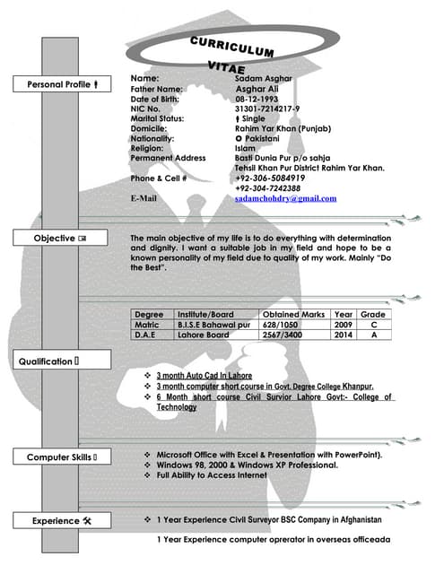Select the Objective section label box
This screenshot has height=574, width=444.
(60, 239)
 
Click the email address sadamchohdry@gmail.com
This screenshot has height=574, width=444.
(285, 198)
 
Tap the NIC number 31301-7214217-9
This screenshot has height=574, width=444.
(267, 109)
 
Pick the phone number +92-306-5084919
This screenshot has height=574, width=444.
(274, 178)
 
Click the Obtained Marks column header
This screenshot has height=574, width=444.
(293, 315)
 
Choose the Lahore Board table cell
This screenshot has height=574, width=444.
(204, 335)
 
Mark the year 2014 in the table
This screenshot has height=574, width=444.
(343, 335)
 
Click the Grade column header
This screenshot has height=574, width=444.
(372, 315)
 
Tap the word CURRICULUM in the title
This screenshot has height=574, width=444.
(231, 47)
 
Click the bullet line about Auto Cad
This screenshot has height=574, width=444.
(205, 376)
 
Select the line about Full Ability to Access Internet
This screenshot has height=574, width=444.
(212, 475)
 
